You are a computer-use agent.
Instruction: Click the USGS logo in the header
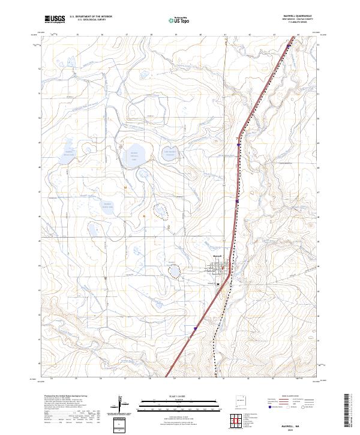pyautogui.click(x=55, y=19)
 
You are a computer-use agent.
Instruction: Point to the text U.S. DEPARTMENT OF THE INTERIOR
pyautogui.click(x=91, y=17)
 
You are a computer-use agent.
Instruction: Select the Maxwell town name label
pyautogui.click(x=218, y=257)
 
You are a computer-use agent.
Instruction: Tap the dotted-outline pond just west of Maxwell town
pyautogui.click(x=175, y=272)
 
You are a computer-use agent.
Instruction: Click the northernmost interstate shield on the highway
pyautogui.click(x=239, y=144)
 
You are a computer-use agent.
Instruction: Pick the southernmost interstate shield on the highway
pyautogui.click(x=196, y=328)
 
